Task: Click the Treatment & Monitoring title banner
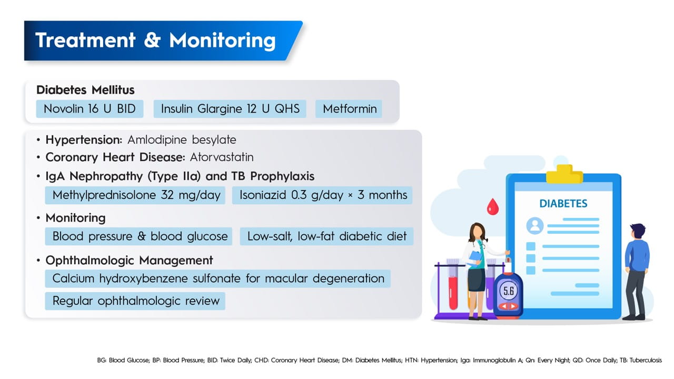coord(163,41)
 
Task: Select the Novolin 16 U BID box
coord(90,108)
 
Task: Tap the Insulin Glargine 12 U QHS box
coord(230,108)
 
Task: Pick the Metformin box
coord(349,108)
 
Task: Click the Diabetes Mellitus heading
coord(85,90)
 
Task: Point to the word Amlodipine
coord(157,140)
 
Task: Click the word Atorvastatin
coord(222,157)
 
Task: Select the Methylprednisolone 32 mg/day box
coord(135,195)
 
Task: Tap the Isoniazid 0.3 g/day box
coord(322,195)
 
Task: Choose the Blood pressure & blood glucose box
coord(138,236)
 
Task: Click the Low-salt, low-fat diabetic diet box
coord(327,236)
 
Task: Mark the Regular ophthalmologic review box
coord(135,301)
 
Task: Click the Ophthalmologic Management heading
coord(129,261)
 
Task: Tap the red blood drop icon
coord(492,207)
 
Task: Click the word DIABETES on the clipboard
coord(563,204)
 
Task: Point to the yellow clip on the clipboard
coord(564,174)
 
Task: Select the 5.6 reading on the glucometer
coord(509,291)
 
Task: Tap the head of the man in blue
coord(638,231)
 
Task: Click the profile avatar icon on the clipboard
coord(535,226)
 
